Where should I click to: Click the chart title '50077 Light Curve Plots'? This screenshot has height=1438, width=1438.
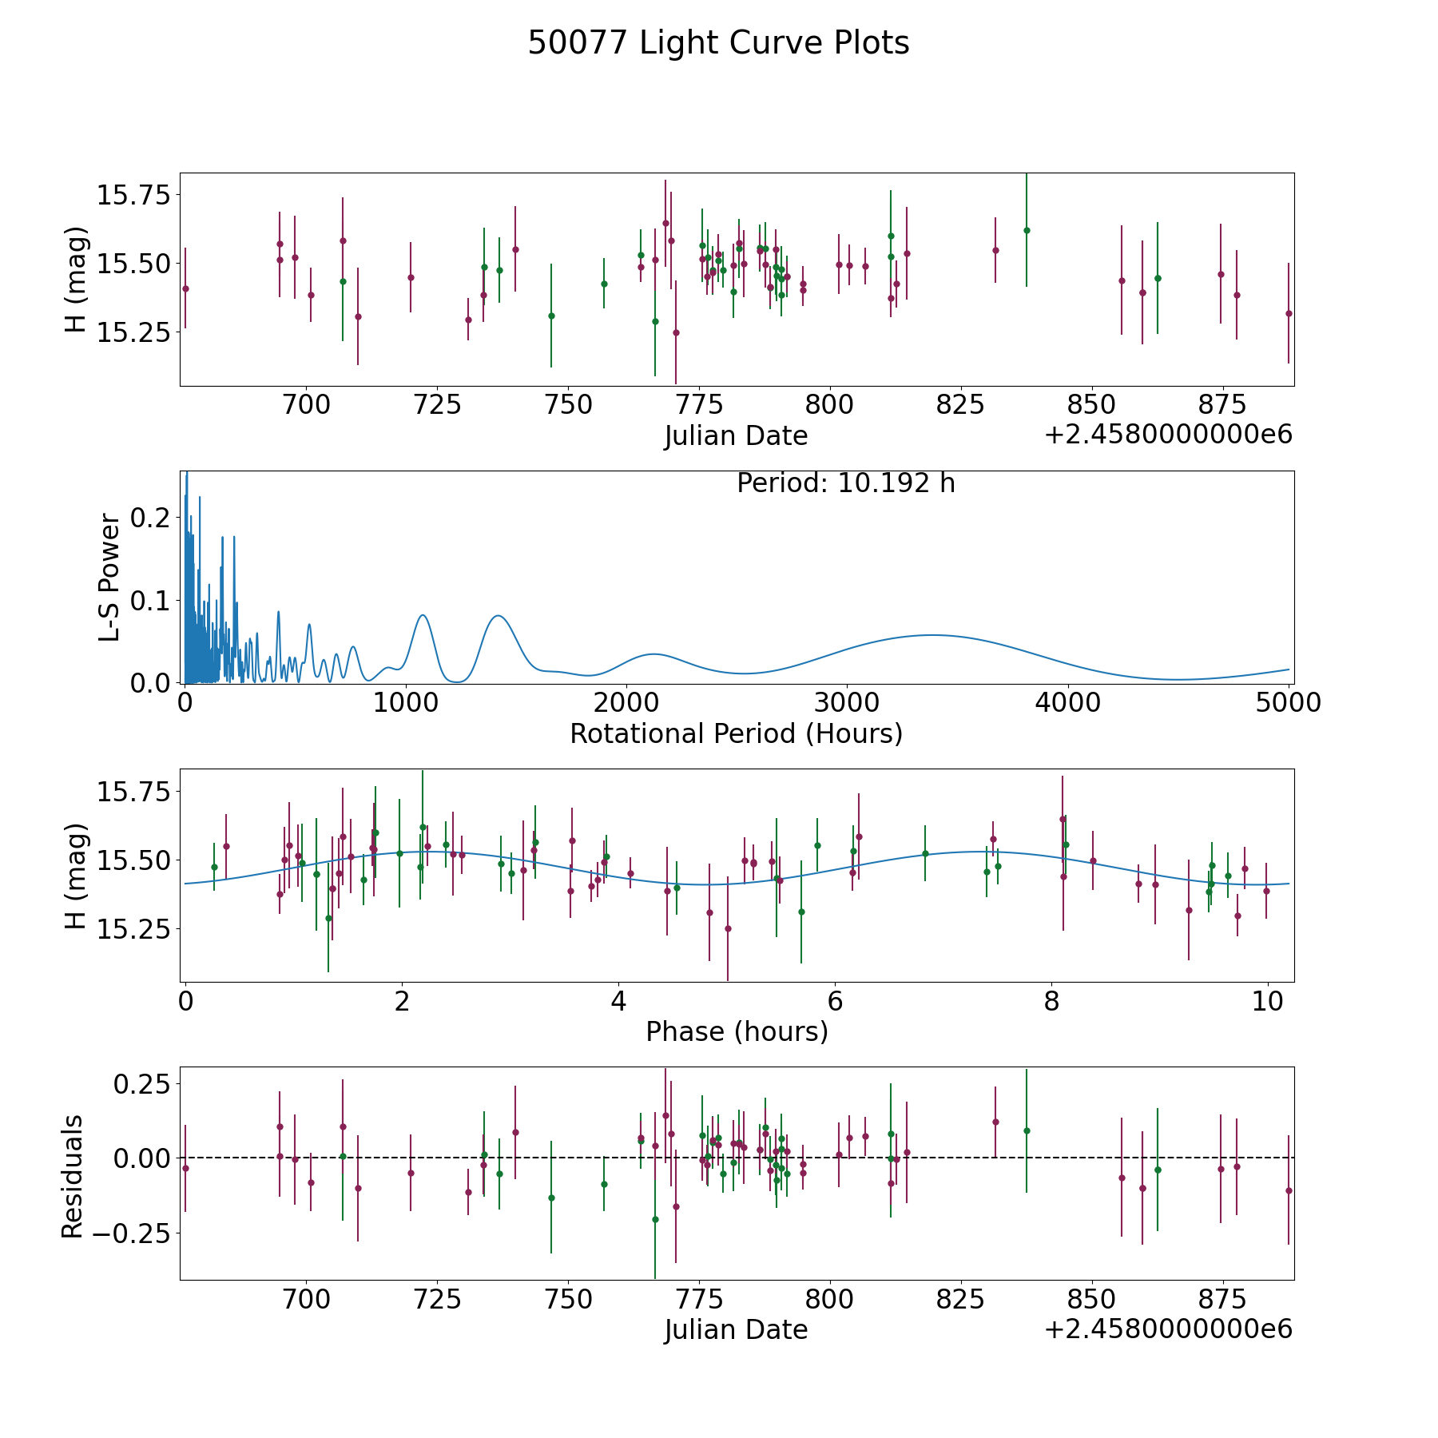pyautogui.click(x=718, y=43)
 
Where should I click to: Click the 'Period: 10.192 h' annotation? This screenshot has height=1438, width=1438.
pyautogui.click(x=845, y=483)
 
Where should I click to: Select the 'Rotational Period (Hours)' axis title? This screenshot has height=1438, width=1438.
pyautogui.click(x=736, y=733)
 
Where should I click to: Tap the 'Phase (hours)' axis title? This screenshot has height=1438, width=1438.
pyautogui.click(x=736, y=1031)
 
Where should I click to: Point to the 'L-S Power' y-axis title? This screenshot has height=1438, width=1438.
pyautogui.click(x=110, y=578)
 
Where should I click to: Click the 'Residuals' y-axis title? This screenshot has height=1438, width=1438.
pyautogui.click(x=73, y=1176)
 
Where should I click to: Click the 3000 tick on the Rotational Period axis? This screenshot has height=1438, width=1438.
pyautogui.click(x=846, y=703)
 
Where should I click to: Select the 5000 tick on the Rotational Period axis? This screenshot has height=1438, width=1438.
pyautogui.click(x=1288, y=703)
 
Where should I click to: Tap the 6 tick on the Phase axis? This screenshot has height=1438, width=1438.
pyautogui.click(x=835, y=1002)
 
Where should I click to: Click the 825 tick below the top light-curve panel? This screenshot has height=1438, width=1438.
pyautogui.click(x=959, y=405)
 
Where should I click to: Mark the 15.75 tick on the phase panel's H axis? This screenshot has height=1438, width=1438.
pyautogui.click(x=133, y=792)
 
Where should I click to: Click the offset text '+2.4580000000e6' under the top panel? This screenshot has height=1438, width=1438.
pyautogui.click(x=1168, y=435)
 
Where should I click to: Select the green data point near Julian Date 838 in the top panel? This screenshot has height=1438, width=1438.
pyautogui.click(x=1027, y=230)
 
